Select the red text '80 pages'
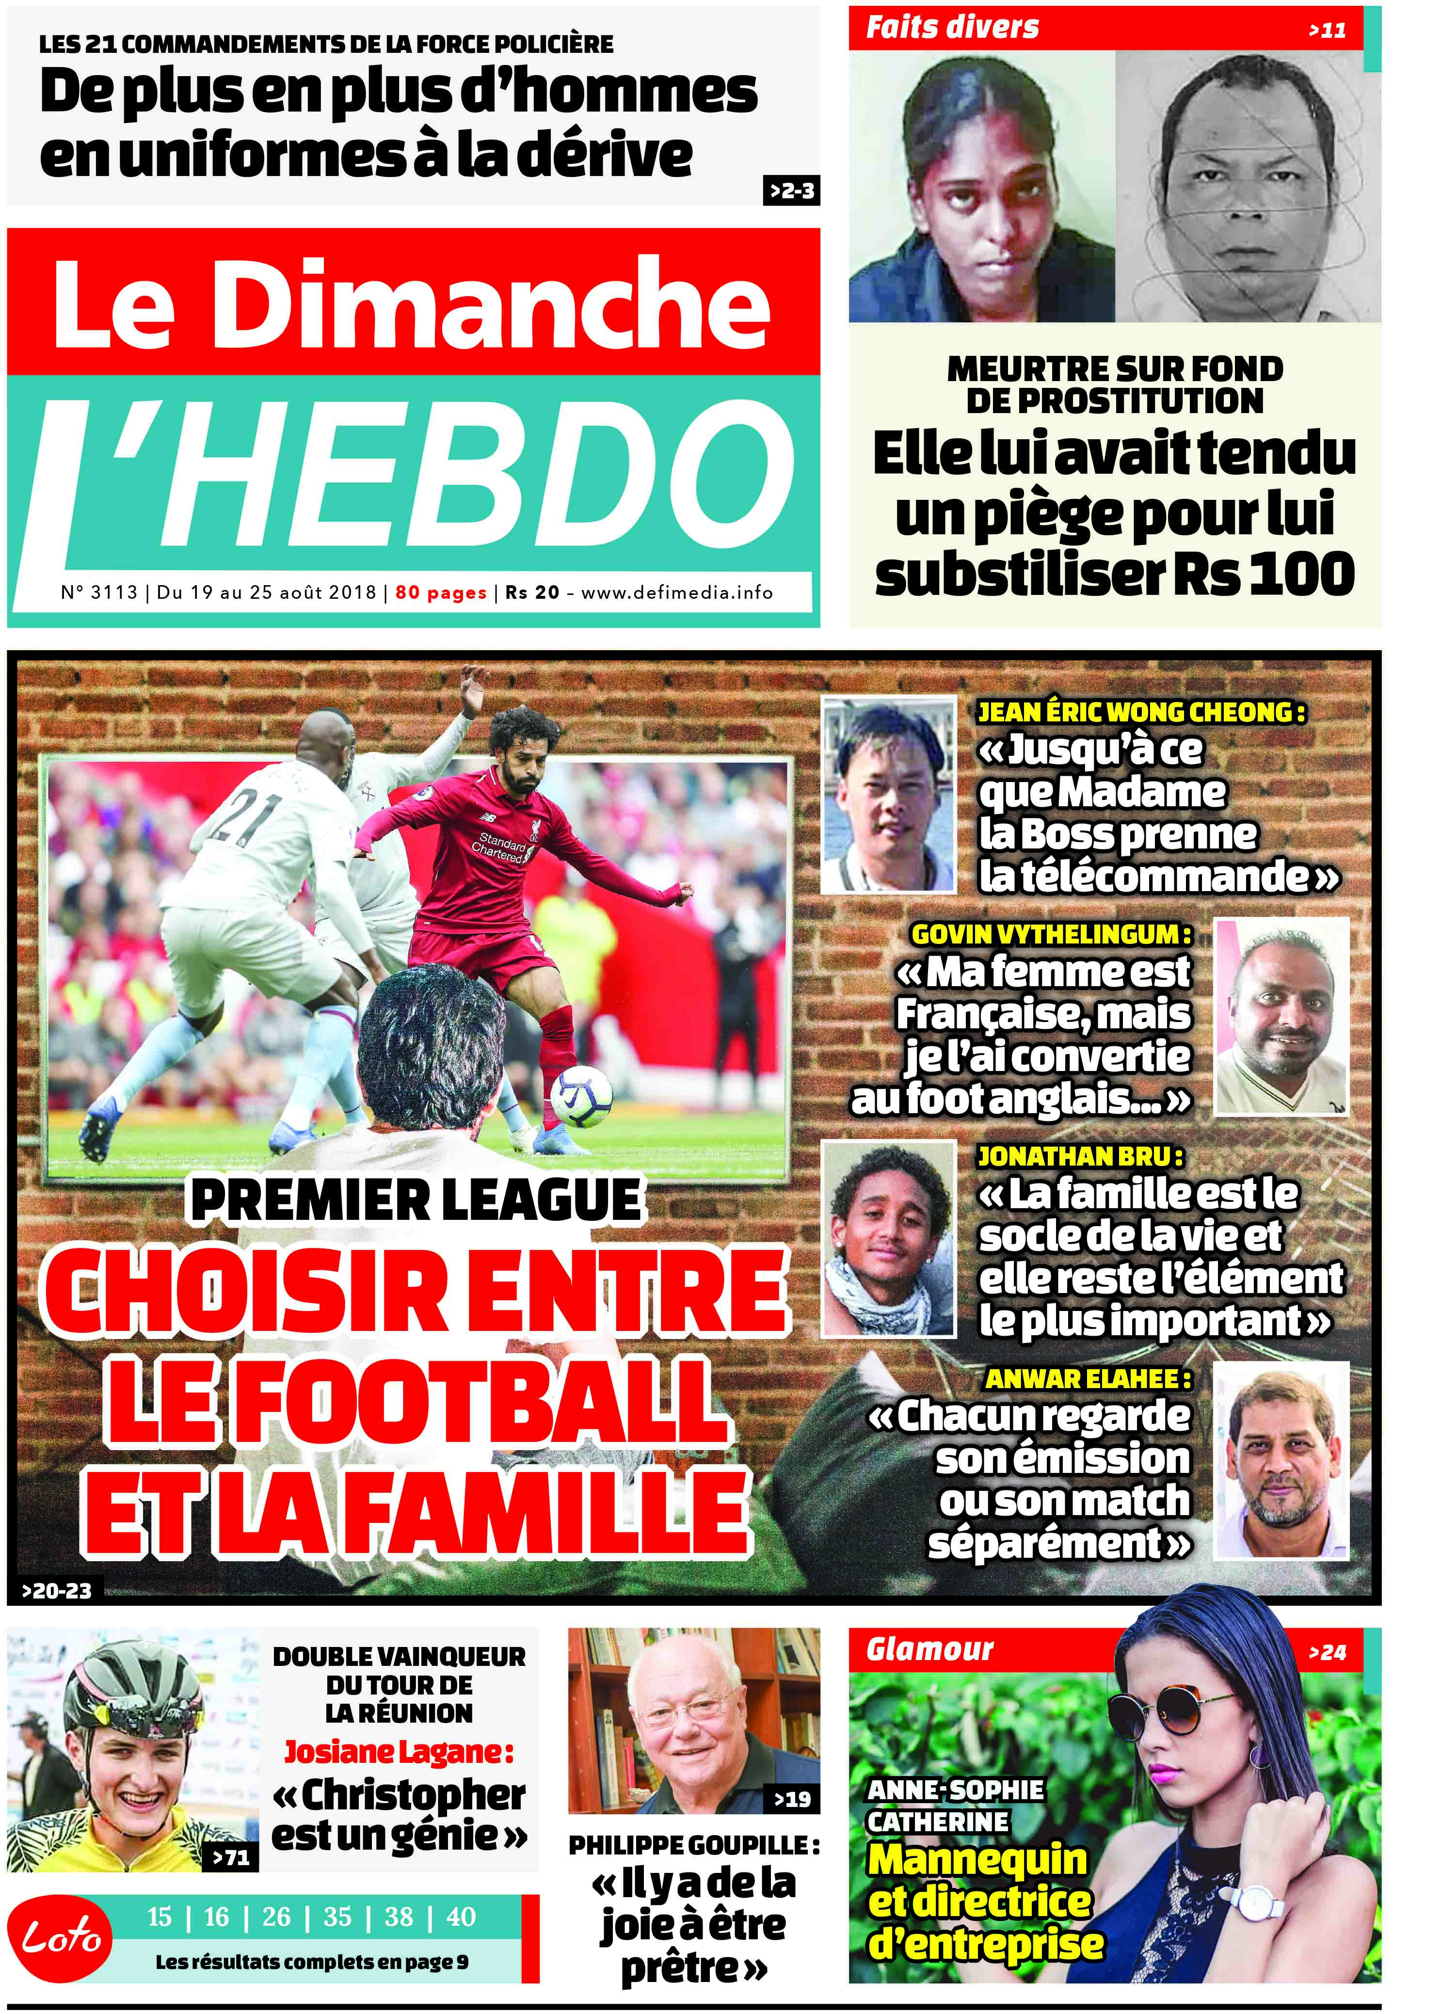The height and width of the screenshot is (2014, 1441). tap(441, 592)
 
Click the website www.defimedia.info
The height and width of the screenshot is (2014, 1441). tap(677, 592)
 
